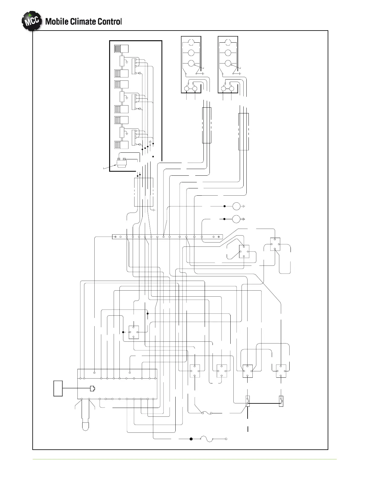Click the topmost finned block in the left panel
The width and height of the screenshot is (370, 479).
(121, 48)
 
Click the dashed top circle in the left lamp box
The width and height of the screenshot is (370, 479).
(191, 42)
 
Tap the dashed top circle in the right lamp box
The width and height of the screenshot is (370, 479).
(228, 42)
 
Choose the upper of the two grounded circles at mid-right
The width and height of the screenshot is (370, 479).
(236, 206)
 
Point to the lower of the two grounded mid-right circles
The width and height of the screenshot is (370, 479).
(236, 219)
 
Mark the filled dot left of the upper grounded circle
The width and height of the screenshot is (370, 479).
(225, 206)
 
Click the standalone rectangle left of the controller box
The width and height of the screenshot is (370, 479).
(58, 388)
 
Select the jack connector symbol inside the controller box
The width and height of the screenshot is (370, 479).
(92, 388)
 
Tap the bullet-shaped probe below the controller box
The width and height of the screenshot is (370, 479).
(85, 425)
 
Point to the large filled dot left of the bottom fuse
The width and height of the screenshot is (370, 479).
(191, 439)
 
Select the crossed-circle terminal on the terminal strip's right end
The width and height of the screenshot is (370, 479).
(218, 236)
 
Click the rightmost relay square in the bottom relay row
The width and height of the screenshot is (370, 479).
(281, 371)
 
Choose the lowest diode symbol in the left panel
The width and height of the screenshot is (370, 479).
(139, 145)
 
